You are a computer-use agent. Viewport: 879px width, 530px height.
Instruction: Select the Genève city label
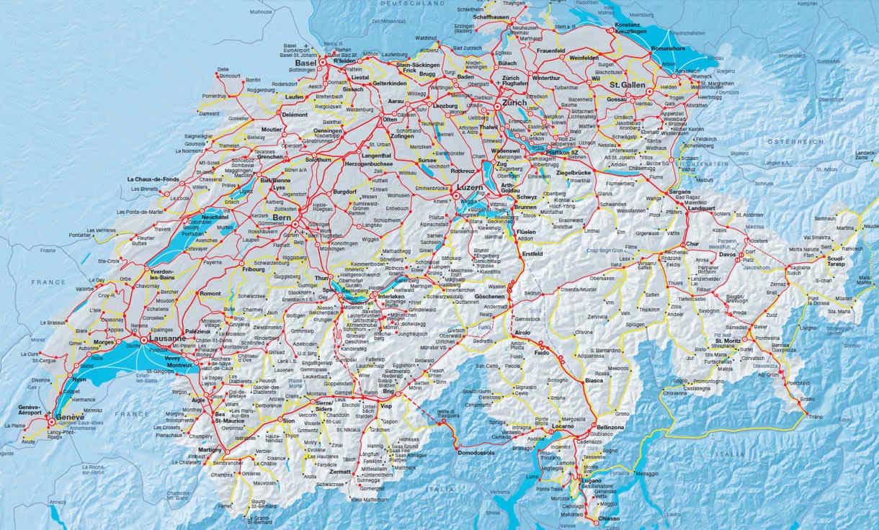tap(71, 417)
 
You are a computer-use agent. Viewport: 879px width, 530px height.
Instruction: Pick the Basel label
tap(305, 63)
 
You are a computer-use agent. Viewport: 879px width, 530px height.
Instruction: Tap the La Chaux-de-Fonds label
tap(153, 179)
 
